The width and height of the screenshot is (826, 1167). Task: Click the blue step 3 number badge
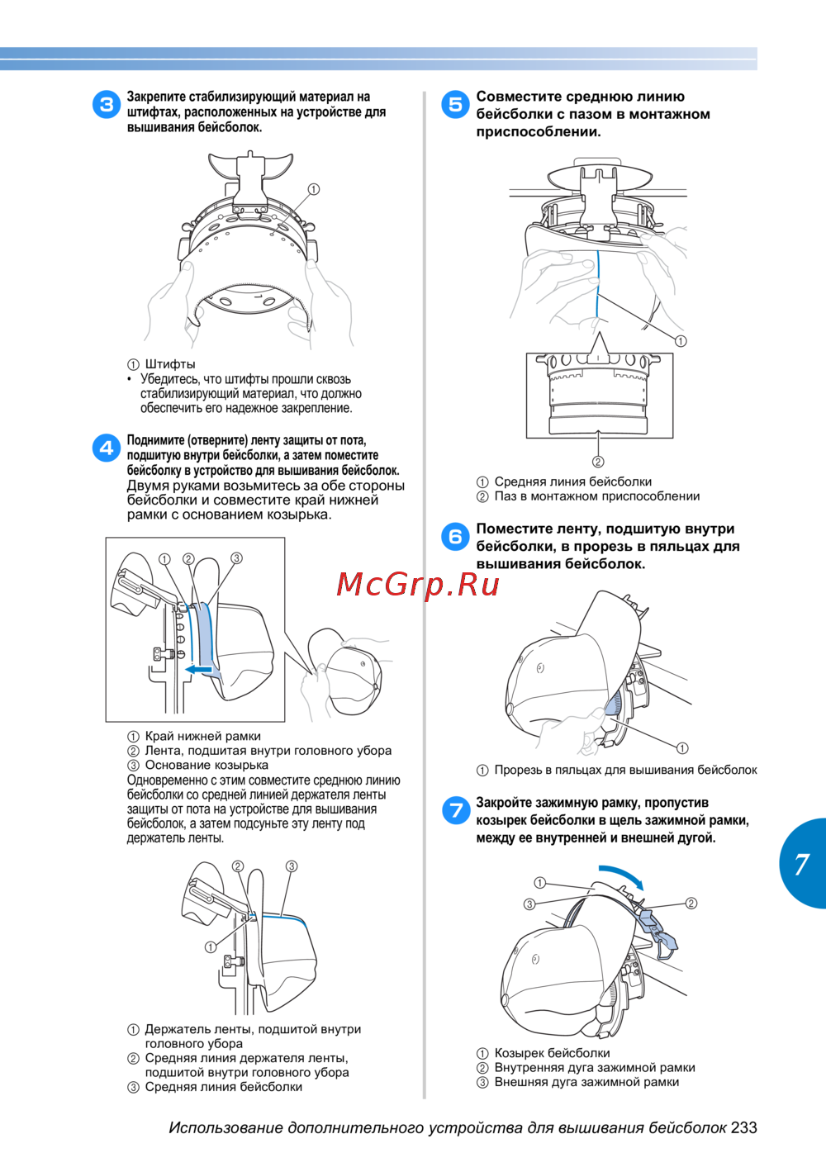coord(107,105)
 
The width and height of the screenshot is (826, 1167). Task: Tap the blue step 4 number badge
coord(107,448)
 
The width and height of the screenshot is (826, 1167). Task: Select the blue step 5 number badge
coord(455,105)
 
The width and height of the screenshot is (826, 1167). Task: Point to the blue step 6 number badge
coord(455,537)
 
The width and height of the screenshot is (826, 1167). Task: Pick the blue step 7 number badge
coord(455,811)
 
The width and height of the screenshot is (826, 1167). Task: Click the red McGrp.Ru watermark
coord(418,585)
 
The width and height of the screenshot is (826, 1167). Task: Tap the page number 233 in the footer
coord(743,1127)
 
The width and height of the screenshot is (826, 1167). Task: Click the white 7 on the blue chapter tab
coord(801,865)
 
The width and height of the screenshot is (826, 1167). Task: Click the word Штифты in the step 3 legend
coord(170,363)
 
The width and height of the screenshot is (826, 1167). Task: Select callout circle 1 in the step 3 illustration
coord(313,190)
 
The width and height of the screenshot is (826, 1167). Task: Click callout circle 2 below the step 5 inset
coord(598,462)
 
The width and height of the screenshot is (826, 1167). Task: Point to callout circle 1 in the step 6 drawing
coord(682,748)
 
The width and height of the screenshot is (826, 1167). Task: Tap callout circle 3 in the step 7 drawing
coord(529,904)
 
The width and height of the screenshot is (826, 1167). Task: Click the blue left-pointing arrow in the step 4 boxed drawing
coord(198,669)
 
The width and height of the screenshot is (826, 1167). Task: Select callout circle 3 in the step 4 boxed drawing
coord(236,558)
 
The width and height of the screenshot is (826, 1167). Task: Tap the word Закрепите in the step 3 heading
coord(156,97)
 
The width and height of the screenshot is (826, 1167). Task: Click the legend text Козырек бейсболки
coord(552,1053)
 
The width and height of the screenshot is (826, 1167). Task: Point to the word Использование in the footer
coord(226,1128)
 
